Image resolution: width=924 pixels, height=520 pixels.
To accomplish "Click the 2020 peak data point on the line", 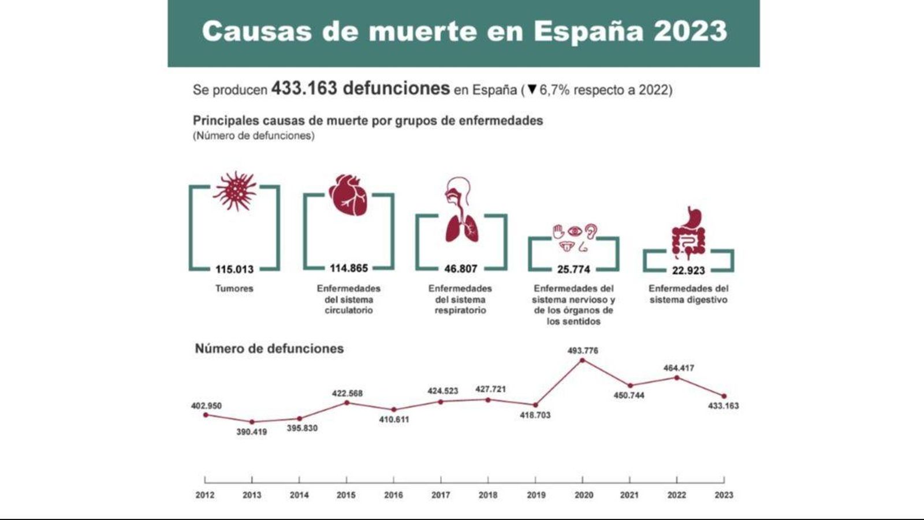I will tap(582, 360).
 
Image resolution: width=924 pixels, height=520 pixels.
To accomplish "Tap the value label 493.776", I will tap(583, 350).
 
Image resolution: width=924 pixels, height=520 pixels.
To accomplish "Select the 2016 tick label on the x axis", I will tap(393, 495).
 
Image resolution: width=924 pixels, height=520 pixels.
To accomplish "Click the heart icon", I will tap(348, 195).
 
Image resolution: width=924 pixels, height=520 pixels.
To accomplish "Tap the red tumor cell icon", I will tap(234, 191).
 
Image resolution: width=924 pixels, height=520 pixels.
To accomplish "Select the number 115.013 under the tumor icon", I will tap(234, 269).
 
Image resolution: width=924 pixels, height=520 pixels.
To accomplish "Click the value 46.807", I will tap(460, 269).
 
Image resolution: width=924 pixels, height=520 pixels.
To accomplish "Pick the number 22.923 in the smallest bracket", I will tap(688, 270).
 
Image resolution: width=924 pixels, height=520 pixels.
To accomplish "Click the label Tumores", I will tap(234, 288).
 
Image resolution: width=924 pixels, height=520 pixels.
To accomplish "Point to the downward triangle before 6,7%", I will tap(532, 90).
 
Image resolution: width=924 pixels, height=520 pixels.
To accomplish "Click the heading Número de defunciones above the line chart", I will tap(269, 348).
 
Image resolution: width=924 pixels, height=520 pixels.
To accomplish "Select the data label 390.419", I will tap(251, 432).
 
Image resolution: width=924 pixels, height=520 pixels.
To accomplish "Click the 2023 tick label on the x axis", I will tap(724, 495).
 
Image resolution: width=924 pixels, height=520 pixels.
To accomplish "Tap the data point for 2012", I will tap(206, 415).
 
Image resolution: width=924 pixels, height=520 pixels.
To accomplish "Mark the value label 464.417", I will tap(679, 367).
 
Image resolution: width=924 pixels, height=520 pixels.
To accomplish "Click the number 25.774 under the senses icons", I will tap(573, 269).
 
